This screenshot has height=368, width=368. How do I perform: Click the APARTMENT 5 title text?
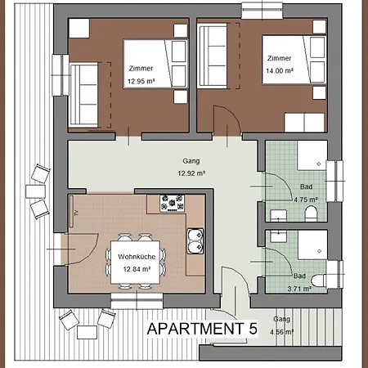[202, 329]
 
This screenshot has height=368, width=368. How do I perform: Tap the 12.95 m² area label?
[141, 81]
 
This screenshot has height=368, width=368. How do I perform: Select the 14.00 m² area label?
[280, 71]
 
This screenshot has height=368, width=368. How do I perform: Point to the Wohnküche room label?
[137, 257]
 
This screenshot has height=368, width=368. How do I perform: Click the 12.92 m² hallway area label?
[191, 173]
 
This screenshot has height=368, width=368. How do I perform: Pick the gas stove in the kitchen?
[173, 204]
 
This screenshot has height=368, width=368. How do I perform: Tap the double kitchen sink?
[195, 241]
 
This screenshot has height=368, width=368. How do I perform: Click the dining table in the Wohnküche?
[135, 263]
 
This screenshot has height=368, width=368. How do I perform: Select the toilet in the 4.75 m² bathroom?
[311, 213]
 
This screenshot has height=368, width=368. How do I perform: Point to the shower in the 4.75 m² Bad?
[312, 155]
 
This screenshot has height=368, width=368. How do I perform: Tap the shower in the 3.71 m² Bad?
[312, 245]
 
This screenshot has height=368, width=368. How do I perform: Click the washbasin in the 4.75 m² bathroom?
[278, 215]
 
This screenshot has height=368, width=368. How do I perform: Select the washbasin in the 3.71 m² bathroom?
[278, 236]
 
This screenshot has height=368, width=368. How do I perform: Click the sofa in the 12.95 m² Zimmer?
[83, 95]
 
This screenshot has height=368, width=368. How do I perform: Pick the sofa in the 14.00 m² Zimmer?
[213, 56]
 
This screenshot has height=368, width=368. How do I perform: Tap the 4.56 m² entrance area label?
[281, 332]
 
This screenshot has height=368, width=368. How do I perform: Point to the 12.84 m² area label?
[137, 269]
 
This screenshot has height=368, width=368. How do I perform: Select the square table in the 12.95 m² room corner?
[79, 28]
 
